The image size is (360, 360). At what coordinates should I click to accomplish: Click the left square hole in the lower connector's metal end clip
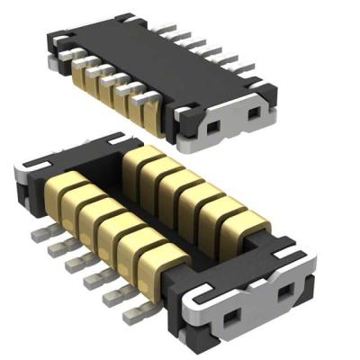pos(228,312)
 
